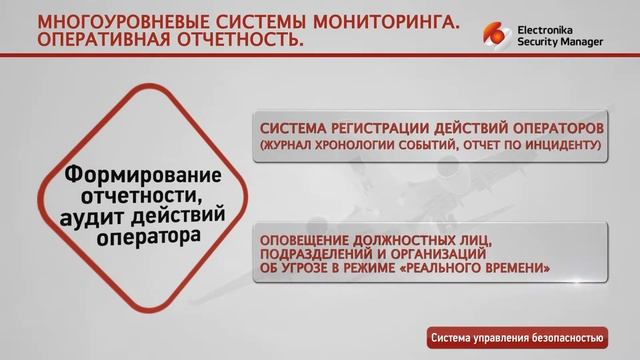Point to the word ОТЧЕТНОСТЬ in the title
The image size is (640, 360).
246,43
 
